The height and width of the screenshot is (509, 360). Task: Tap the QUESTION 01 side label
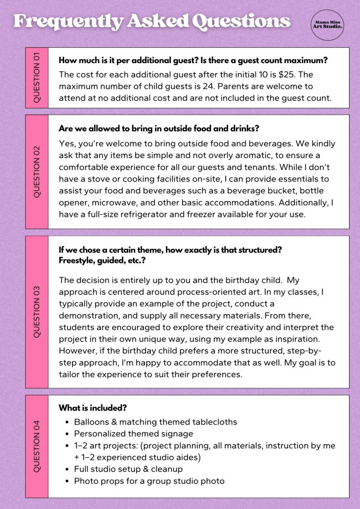pos(37,78)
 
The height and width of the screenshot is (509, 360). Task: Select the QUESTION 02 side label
pos(37,172)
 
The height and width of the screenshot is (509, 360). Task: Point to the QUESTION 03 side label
pos(37,312)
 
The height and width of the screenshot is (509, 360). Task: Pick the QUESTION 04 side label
pos(37,446)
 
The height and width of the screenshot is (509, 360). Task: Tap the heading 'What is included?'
pos(92,408)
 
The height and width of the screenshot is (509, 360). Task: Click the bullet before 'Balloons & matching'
pos(67,422)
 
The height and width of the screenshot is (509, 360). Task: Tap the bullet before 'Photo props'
pos(67,481)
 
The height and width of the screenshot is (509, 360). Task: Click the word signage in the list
pos(178,433)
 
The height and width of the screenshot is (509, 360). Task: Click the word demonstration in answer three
pos(90,315)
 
